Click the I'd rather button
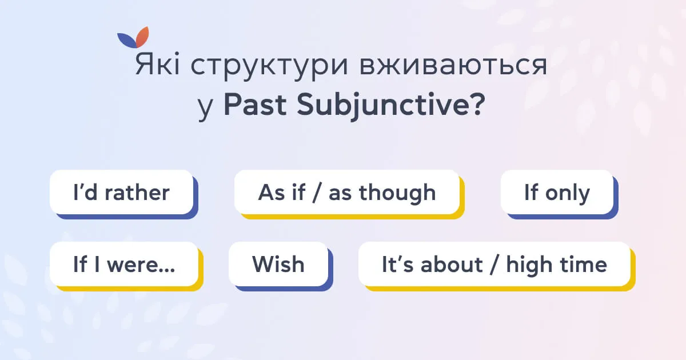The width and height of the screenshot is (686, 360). [121, 193]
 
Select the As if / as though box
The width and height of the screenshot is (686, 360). [346, 193]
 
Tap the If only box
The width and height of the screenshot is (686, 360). [557, 193]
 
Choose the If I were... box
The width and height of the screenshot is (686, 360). [123, 264]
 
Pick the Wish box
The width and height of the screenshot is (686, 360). [278, 264]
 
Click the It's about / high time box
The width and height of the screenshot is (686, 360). [494, 264]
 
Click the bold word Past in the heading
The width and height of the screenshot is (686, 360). [251, 106]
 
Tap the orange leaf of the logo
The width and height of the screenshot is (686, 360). [143, 37]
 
